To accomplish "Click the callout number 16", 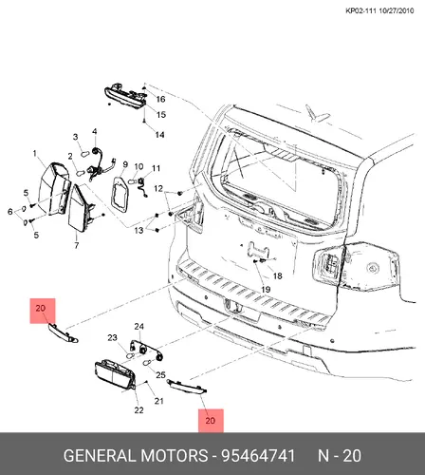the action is coord(160,99).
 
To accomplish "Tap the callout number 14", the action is coord(159,135).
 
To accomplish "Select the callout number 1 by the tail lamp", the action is coord(35,154).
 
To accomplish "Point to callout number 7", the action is coord(76,245).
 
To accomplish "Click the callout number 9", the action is coord(125,164).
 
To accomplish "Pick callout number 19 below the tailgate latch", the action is coord(266,289).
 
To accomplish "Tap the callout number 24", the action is coord(139,327).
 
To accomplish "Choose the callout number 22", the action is coord(139,410).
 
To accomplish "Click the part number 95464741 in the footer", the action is coord(258,456).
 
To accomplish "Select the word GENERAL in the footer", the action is coord(100,456).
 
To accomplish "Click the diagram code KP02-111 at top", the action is coord(360,10).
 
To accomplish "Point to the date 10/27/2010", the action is coord(397,10).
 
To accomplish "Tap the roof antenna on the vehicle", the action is coord(316,113).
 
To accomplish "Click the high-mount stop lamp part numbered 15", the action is coord(125,97).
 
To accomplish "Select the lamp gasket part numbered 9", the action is coord(120,194).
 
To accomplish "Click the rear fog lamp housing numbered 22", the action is coord(115,375).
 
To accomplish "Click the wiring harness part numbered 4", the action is coord(101,163).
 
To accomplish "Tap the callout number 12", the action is coord(158,188).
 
